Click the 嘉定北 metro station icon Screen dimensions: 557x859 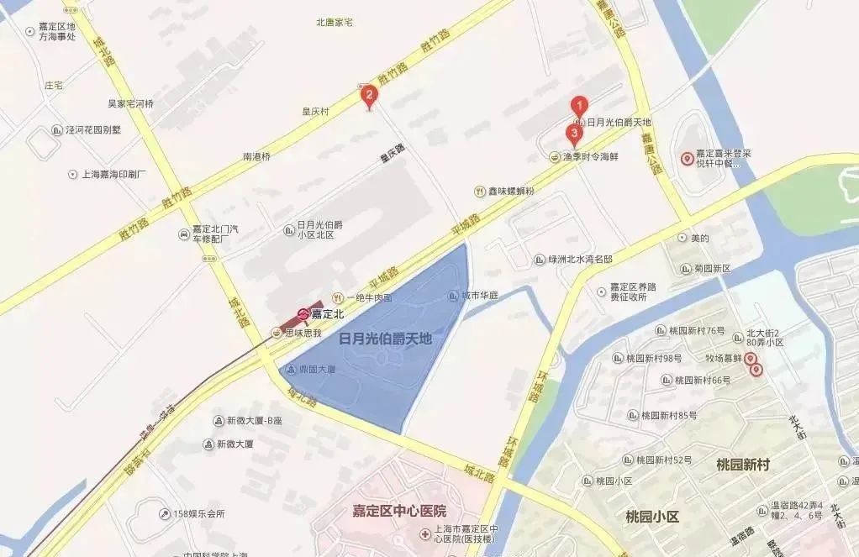point(303,315)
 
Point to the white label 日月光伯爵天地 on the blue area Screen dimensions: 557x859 point(384,339)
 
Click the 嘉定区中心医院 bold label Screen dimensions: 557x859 point(399,511)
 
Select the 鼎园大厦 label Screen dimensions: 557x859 point(316,370)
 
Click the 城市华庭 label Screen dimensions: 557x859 point(480,296)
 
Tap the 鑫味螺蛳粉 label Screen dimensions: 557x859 point(511,192)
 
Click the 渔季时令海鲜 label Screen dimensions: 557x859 point(589,156)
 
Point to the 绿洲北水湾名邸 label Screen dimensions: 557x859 point(579,260)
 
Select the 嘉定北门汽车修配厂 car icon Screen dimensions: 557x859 point(183,234)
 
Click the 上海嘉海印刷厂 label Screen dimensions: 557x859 point(114,175)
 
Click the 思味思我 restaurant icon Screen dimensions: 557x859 point(276,333)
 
